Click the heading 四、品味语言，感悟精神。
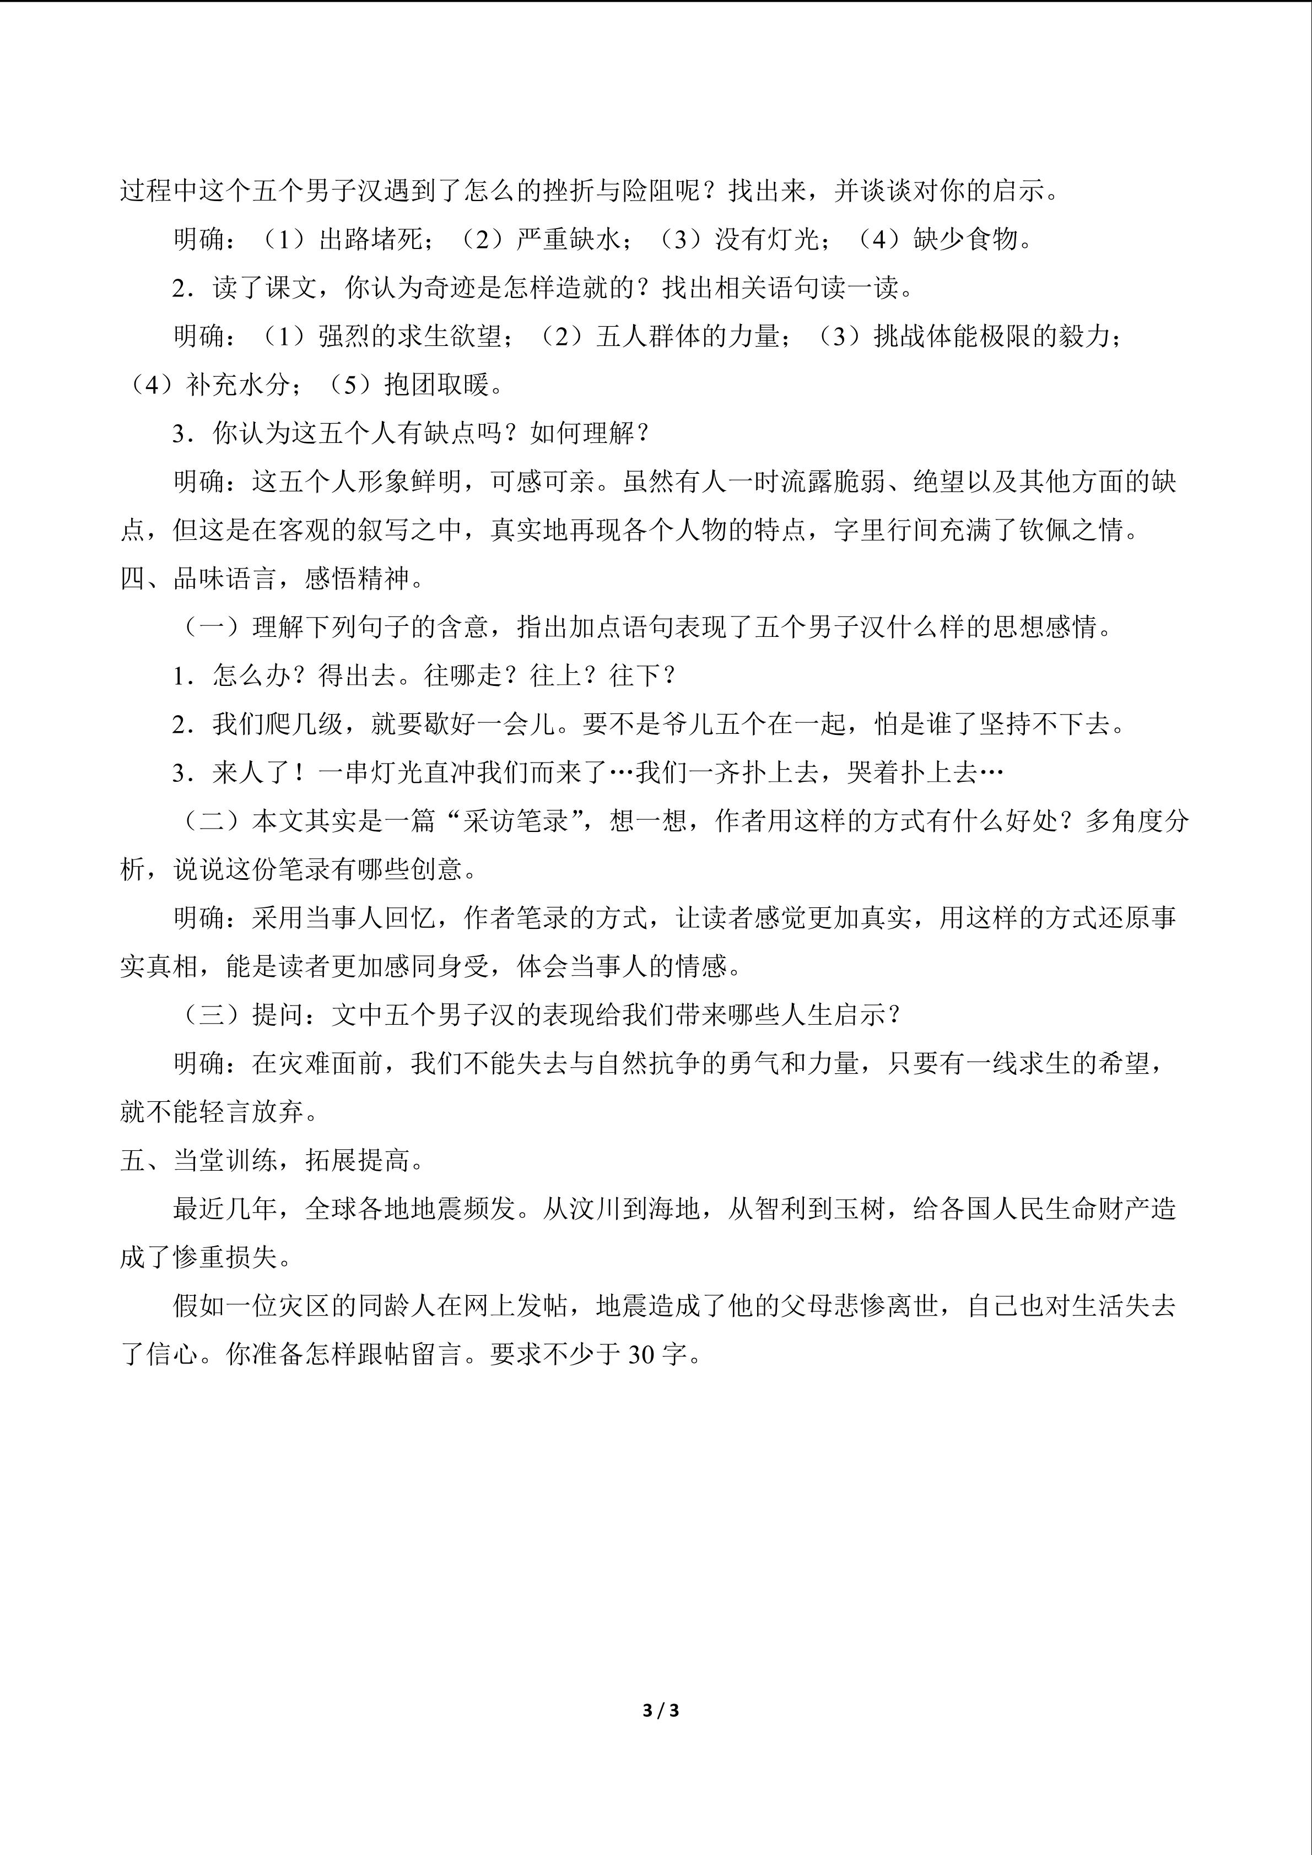click(272, 578)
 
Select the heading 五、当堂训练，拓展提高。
click(272, 1160)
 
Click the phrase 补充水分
click(239, 385)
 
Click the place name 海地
click(674, 1209)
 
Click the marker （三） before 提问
click(212, 1015)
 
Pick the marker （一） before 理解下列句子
click(212, 627)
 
